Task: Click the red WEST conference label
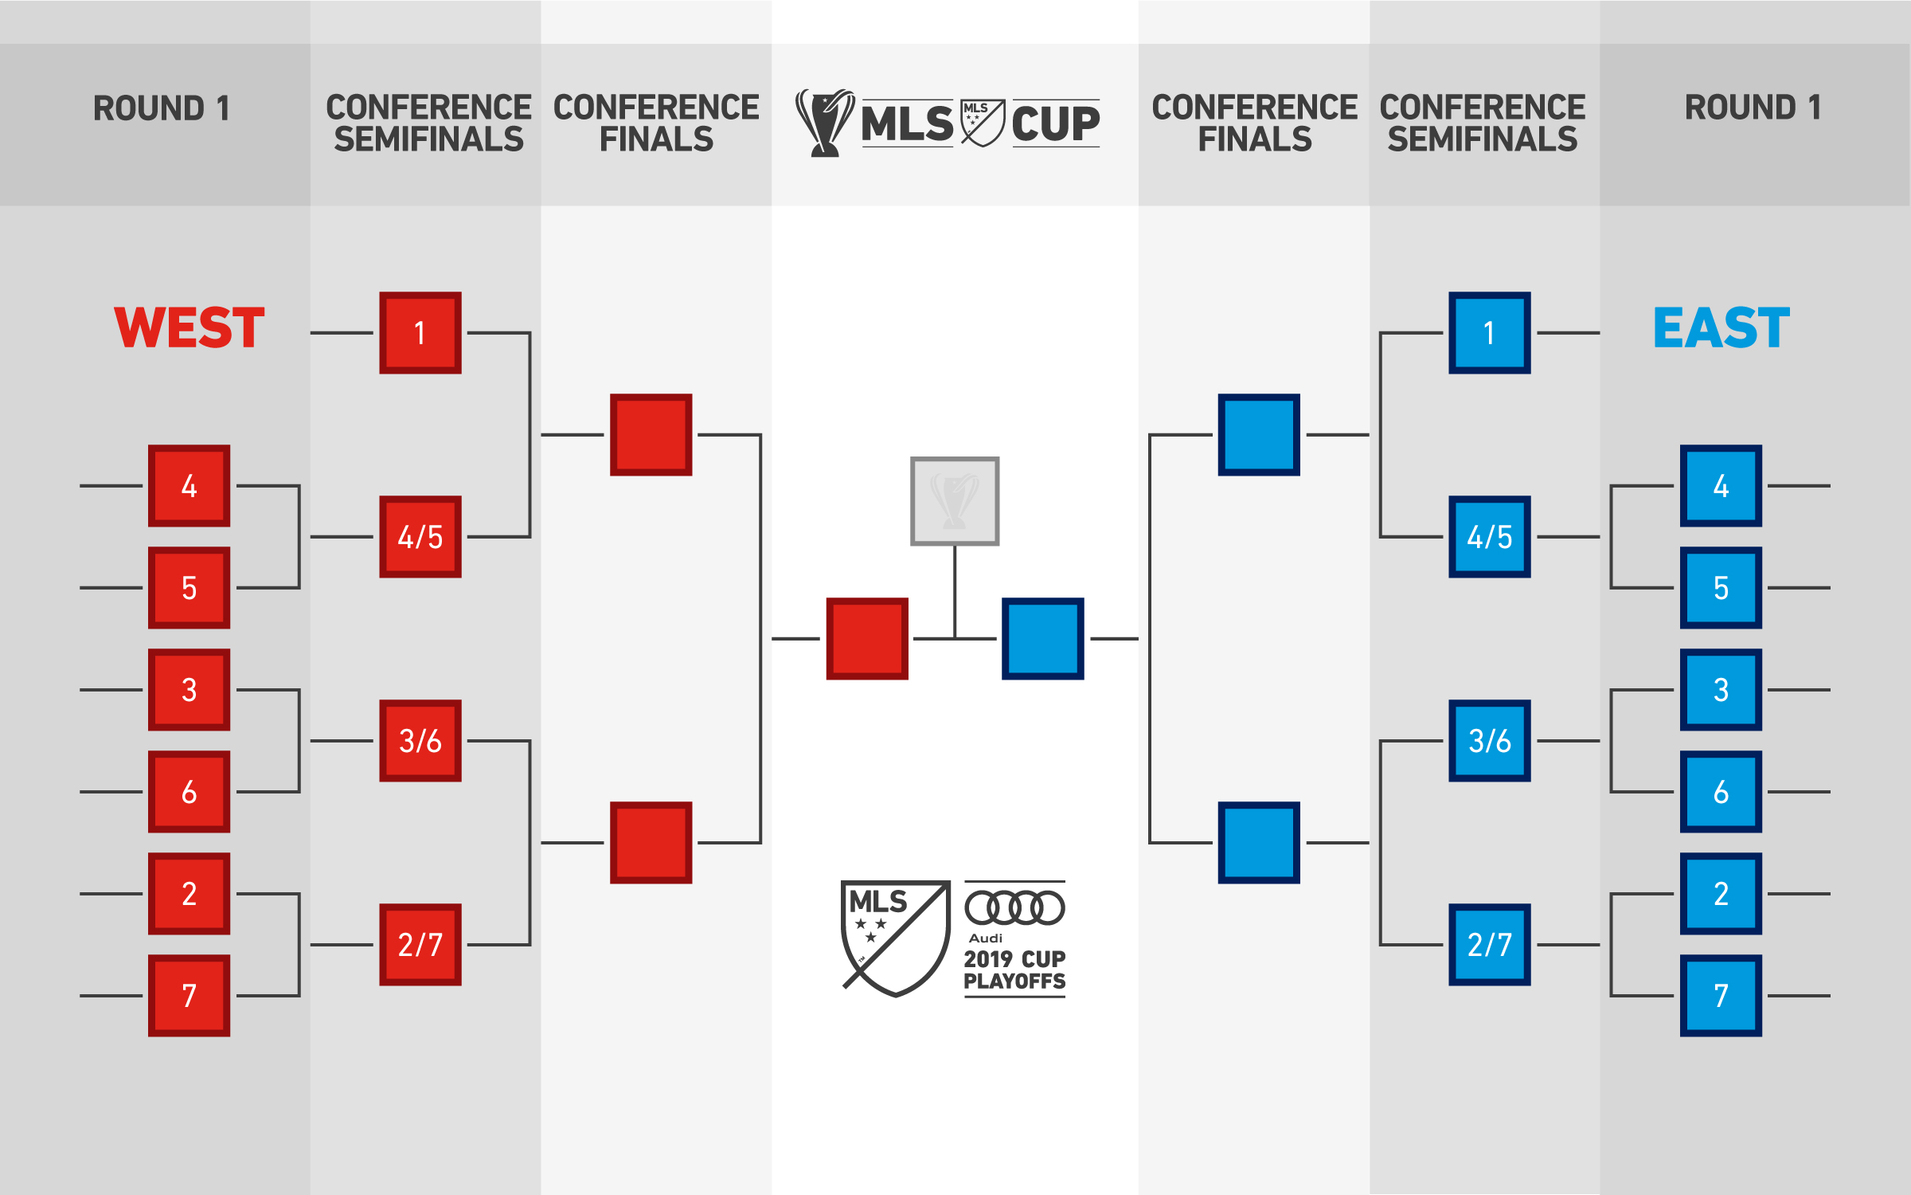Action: point(190,327)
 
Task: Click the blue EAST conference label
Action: point(1721,327)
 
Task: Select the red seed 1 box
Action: point(420,333)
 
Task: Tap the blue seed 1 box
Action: point(1490,333)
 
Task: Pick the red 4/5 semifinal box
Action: point(420,537)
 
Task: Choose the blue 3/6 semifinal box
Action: point(1490,741)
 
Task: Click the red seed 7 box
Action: point(190,996)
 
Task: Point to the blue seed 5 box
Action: point(1721,588)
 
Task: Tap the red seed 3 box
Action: point(190,690)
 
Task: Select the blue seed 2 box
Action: point(1721,894)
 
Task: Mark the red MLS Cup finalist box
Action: point(867,639)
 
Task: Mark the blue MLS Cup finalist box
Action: point(1043,639)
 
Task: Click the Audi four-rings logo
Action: point(1014,908)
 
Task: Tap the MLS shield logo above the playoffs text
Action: point(897,938)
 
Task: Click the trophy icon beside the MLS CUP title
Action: point(825,123)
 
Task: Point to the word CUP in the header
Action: point(1056,123)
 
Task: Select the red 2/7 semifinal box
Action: point(420,945)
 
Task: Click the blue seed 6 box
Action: point(1721,792)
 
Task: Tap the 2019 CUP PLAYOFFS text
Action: point(1014,970)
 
